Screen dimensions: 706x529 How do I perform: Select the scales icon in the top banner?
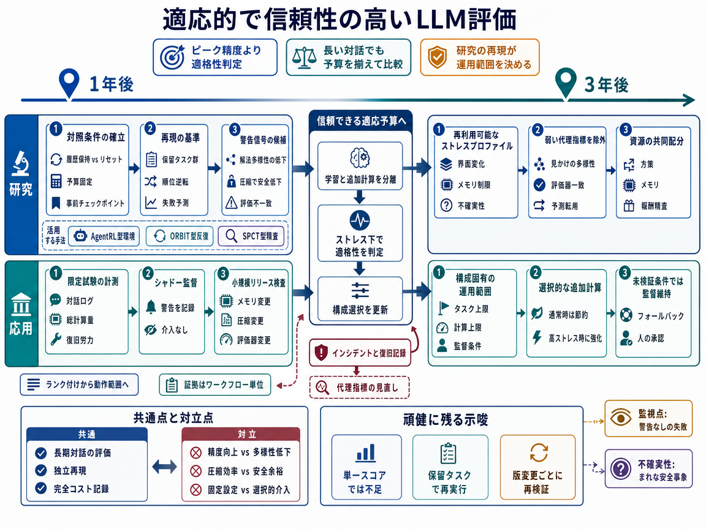click(304, 58)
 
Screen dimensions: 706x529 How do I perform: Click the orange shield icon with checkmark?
click(437, 57)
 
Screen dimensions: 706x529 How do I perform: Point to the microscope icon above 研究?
click(20, 163)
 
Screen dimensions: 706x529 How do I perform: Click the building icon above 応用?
click(21, 304)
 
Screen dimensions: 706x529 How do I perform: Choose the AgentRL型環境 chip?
click(104, 236)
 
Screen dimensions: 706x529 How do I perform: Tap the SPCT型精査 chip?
click(252, 236)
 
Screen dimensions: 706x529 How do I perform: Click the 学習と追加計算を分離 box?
click(360, 166)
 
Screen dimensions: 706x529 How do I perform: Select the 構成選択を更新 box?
click(360, 299)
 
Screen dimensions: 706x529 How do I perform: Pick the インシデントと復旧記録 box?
click(360, 353)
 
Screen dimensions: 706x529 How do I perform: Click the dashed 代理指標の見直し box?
click(359, 388)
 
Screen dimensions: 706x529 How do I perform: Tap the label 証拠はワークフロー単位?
click(214, 385)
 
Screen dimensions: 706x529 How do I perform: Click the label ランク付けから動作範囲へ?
click(79, 385)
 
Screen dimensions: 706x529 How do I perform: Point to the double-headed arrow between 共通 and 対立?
click(164, 467)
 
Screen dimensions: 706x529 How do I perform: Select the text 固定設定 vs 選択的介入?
click(249, 489)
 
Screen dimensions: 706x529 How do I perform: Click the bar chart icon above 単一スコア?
click(366, 452)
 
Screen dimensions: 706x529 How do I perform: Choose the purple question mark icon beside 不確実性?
click(620, 469)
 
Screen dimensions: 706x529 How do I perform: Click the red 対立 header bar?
click(241, 434)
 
